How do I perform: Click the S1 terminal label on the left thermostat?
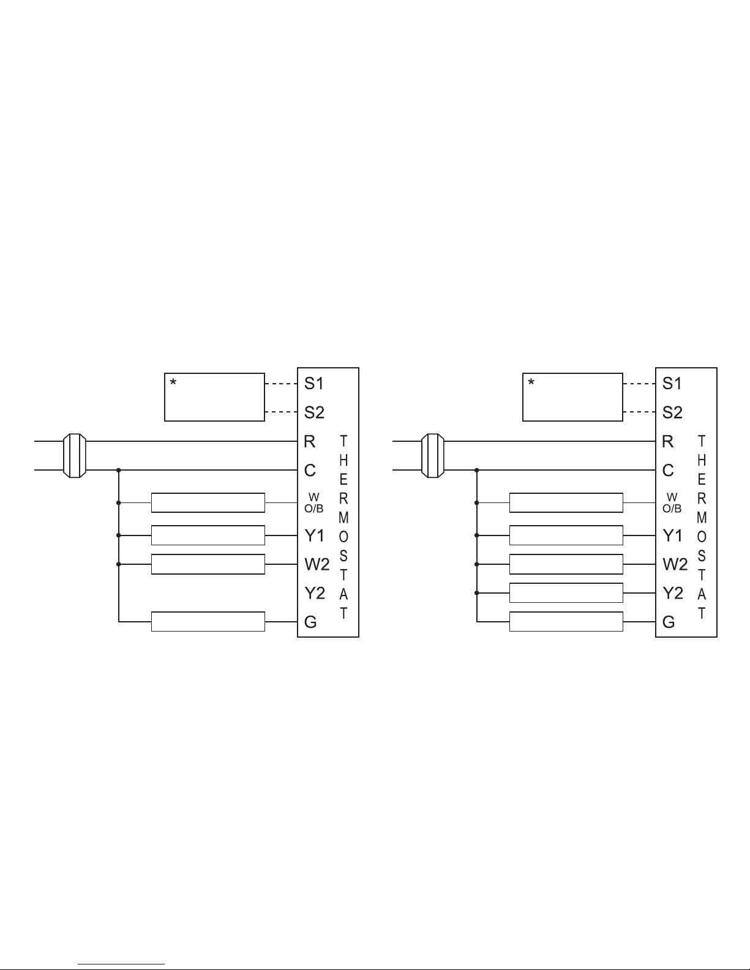(313, 384)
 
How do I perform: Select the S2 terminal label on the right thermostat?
(672, 412)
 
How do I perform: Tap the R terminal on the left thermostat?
(309, 441)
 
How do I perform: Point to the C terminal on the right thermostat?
(668, 471)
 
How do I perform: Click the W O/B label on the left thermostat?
(314, 503)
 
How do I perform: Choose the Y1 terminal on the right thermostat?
(672, 535)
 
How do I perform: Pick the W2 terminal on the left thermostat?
(317, 565)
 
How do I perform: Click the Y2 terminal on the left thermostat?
(315, 594)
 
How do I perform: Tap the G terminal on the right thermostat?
(669, 622)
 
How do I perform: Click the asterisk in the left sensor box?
(173, 382)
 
